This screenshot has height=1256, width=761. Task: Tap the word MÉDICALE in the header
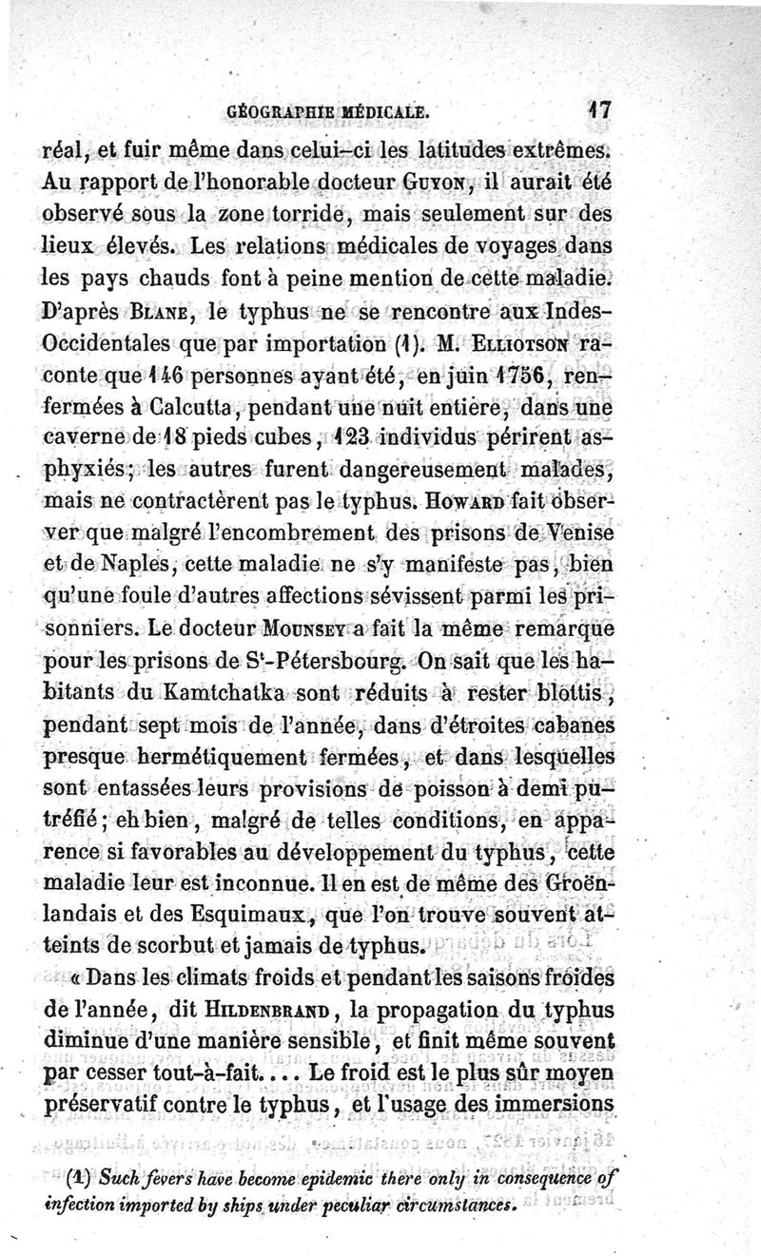click(385, 111)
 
